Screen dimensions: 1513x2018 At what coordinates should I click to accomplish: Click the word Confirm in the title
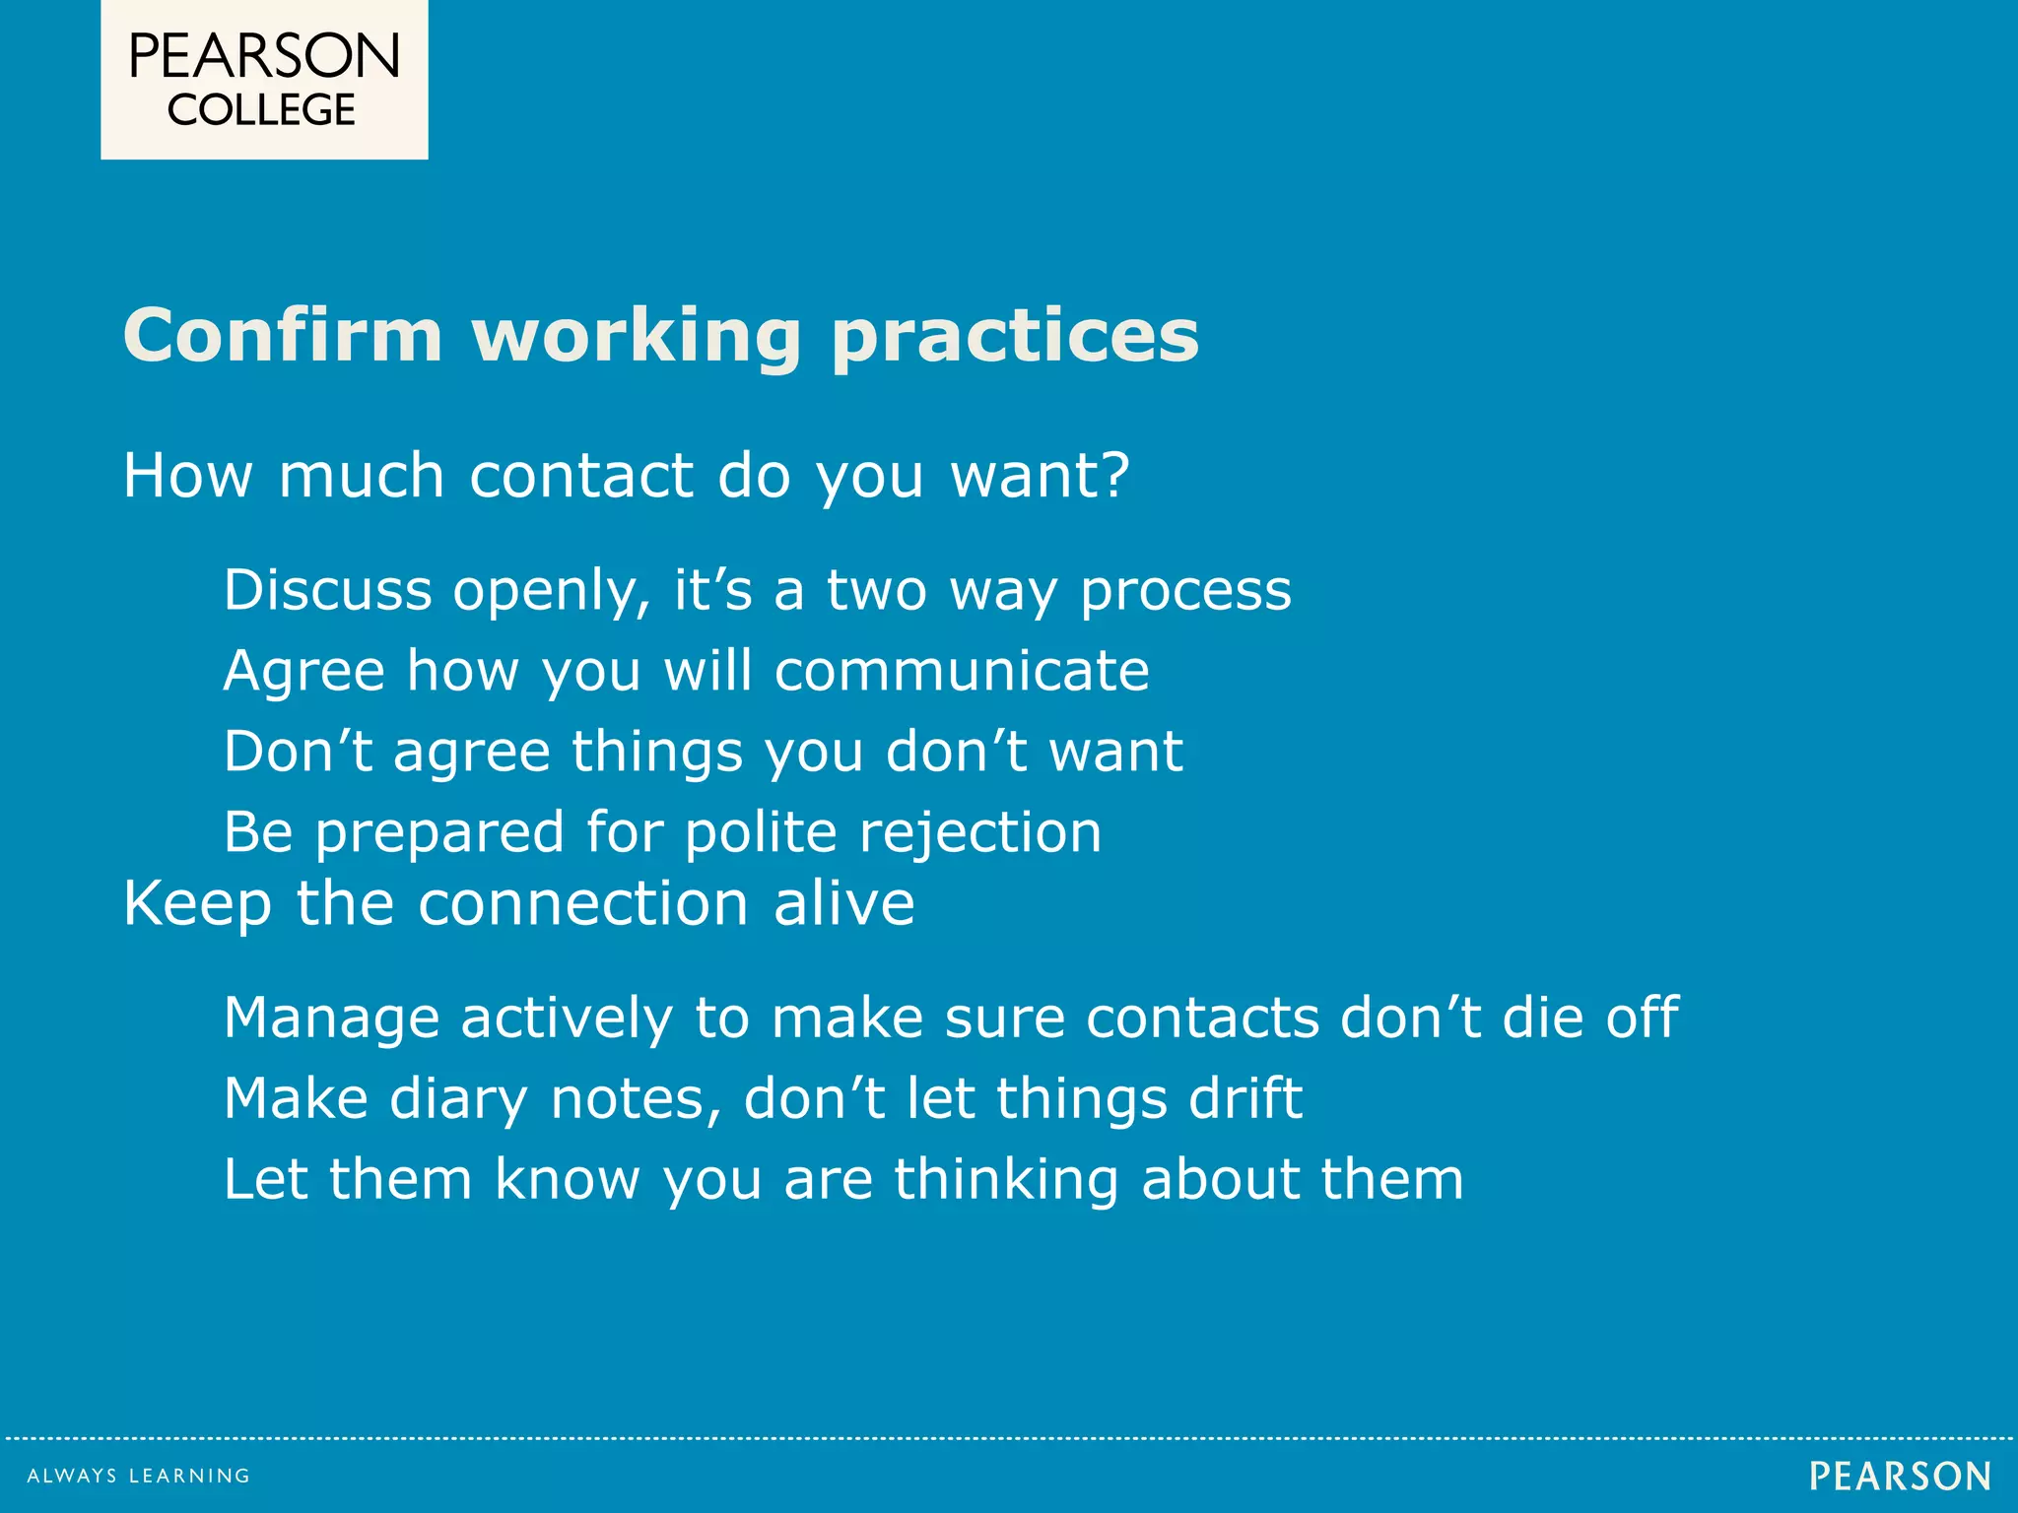[x=283, y=336]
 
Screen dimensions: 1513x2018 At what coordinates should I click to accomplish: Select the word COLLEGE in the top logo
[x=261, y=109]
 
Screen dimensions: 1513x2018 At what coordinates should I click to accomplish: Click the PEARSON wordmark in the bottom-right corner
[x=1900, y=1476]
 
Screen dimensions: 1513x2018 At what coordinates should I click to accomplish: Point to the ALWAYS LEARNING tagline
[x=139, y=1476]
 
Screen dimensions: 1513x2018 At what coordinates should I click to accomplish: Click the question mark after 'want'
[x=1114, y=475]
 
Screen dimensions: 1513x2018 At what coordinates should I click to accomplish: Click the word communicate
[x=962, y=671]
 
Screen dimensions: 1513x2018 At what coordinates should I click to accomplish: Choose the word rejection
[x=980, y=833]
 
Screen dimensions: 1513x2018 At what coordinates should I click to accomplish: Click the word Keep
[x=197, y=905]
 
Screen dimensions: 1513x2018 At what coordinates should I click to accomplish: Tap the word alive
[x=843, y=903]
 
